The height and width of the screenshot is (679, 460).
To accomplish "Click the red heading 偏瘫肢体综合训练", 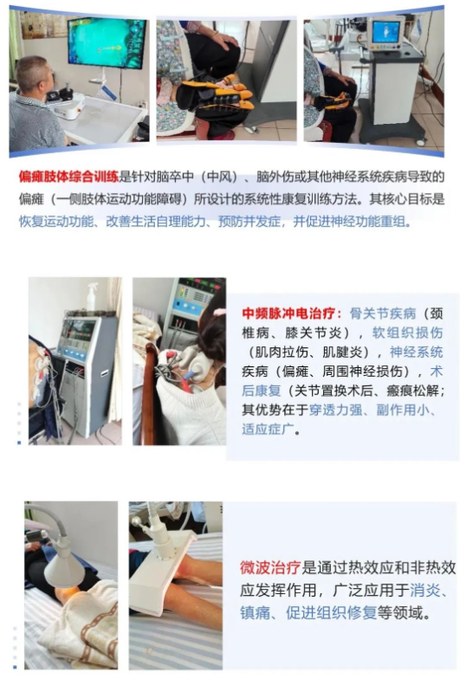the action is (68, 177).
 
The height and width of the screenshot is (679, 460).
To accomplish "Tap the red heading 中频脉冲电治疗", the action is (291, 313).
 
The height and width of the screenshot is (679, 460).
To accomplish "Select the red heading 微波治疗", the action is (270, 567).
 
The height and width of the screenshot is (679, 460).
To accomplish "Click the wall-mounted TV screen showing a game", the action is (107, 42).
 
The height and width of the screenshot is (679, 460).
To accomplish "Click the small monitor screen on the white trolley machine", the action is (385, 31).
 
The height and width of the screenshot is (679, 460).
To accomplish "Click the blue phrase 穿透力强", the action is (335, 410).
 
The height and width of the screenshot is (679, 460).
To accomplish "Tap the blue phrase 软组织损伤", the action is (407, 333).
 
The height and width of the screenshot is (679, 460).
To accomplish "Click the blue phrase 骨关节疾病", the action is (383, 314).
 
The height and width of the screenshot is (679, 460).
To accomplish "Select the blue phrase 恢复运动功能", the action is (56, 222).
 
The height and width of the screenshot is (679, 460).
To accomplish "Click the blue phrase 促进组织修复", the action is (331, 613).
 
